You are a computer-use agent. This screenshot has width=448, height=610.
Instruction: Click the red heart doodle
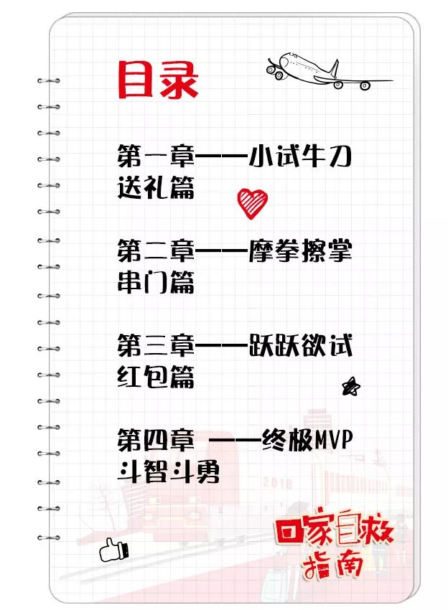point(252,203)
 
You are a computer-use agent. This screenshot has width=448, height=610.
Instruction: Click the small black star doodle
point(351,387)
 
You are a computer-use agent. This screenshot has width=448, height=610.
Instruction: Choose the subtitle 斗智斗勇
point(169,472)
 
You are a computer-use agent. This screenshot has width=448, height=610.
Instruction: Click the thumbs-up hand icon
point(113,550)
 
